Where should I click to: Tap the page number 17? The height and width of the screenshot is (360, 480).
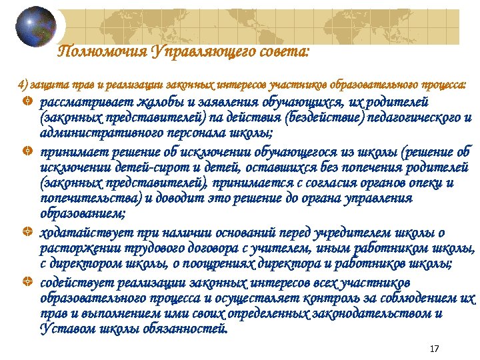coord(435,349)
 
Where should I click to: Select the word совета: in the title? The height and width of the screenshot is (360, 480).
coord(283,52)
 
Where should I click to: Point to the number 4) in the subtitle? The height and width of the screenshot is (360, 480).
coord(23,85)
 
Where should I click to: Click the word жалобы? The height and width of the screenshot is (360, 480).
coord(159,103)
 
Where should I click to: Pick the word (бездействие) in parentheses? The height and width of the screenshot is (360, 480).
coord(327,119)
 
